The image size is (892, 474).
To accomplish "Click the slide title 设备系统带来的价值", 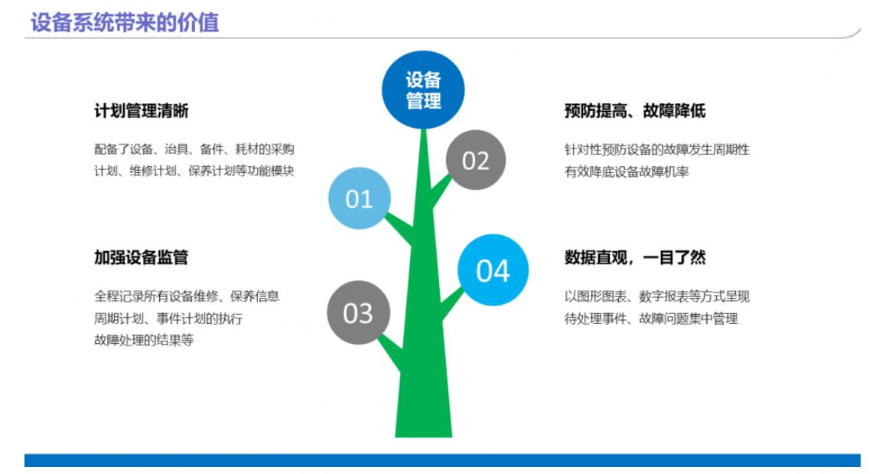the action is coord(125,23).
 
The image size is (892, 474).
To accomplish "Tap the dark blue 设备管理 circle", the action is coord(423,90).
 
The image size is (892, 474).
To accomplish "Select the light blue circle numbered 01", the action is coord(360,198).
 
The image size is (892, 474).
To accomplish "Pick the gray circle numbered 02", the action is coord(476,160).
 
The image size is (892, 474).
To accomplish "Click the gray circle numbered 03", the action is coord(358,312).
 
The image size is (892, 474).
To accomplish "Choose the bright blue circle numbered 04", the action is coord(493,270).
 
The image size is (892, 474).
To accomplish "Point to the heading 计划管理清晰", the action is coord(141,110).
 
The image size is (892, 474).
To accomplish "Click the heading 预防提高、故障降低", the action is coord(635,110).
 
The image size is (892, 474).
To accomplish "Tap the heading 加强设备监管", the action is coord(141,257).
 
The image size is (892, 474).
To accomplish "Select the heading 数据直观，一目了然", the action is coord(635,257).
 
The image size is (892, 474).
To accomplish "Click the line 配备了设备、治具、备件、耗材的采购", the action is coord(194,149).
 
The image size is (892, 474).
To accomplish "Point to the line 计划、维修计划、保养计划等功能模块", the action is coord(194,171).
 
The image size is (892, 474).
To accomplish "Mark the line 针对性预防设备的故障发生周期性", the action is coord(657,150).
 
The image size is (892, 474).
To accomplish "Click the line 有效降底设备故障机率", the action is coord(627,172).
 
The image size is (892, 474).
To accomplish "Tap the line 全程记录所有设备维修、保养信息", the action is coord(187,296).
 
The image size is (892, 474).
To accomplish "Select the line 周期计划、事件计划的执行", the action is coord(168,319).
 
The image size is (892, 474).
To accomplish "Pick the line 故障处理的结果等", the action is coord(144,340).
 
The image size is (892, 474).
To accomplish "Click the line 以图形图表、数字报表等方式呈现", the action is coord(657,296).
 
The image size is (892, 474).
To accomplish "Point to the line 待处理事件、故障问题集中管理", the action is coord(651,319).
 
